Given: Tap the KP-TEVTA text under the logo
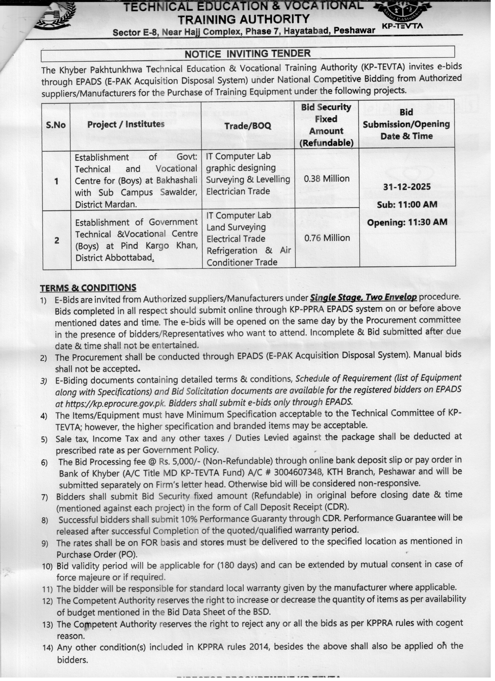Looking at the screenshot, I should click(x=402, y=26).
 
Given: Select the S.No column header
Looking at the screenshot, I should click(x=56, y=125).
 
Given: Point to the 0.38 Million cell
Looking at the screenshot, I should click(x=327, y=179).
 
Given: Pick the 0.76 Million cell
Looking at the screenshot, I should click(x=327, y=238).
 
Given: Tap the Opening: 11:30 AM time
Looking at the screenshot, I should click(x=407, y=222).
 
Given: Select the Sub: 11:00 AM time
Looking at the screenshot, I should click(x=407, y=204).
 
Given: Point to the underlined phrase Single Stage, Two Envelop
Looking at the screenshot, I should click(x=363, y=297).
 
